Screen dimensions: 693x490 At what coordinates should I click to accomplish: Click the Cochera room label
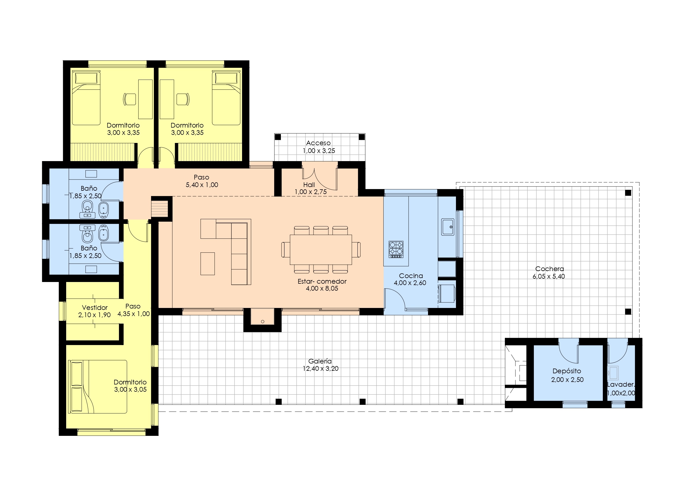pyautogui.click(x=549, y=269)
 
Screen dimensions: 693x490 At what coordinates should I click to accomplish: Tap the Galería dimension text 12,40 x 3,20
pyautogui.click(x=321, y=369)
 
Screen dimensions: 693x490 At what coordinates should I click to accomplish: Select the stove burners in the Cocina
pyautogui.click(x=396, y=249)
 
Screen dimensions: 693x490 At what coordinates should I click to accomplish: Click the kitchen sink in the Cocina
pyautogui.click(x=448, y=227)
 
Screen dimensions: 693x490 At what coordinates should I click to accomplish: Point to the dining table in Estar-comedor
pyautogui.click(x=321, y=250)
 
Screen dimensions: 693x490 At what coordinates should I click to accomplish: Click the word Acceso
pyautogui.click(x=318, y=143)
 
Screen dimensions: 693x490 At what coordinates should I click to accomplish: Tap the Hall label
pyautogui.click(x=309, y=185)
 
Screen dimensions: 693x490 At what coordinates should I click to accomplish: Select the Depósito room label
pyautogui.click(x=567, y=371)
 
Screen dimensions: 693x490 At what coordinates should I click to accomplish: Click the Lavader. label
pyautogui.click(x=621, y=385)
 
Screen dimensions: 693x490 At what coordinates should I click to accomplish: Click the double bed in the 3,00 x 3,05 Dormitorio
pyautogui.click(x=98, y=386)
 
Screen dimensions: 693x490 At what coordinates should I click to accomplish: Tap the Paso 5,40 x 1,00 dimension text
pyautogui.click(x=202, y=185)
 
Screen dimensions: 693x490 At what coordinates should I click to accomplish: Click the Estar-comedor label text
pyautogui.click(x=322, y=281)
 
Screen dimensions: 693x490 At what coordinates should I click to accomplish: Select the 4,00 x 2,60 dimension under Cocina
pyautogui.click(x=410, y=283)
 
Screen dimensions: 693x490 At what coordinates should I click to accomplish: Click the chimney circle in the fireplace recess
pyautogui.click(x=262, y=322)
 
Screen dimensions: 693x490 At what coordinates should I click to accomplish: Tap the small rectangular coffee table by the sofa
pyautogui.click(x=208, y=264)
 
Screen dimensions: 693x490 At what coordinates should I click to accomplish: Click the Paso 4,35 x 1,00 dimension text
pyautogui.click(x=134, y=314)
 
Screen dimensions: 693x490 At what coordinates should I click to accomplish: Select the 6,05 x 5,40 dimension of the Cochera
pyautogui.click(x=549, y=276)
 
